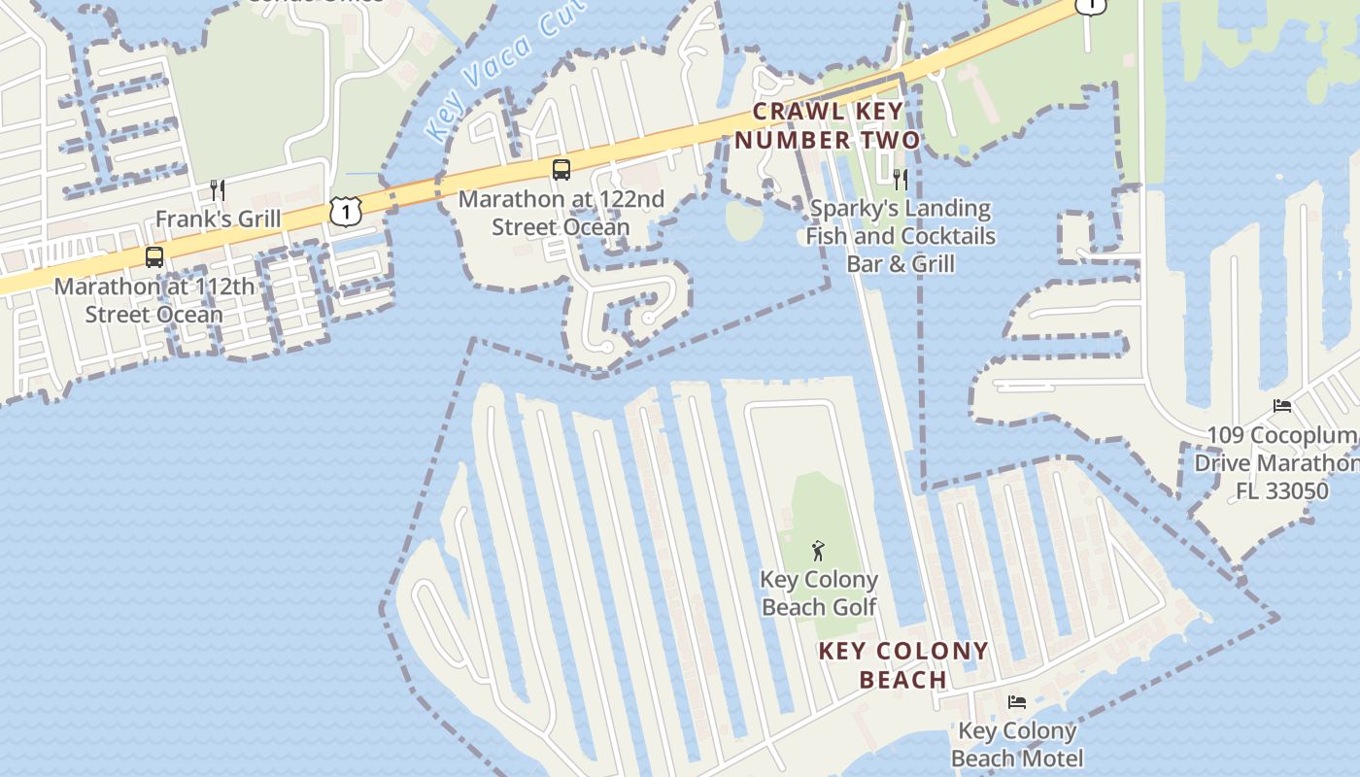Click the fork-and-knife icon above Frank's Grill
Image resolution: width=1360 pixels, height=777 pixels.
click(218, 189)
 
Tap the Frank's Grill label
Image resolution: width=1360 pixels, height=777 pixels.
click(218, 219)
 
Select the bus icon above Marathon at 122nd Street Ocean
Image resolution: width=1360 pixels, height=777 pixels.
click(561, 170)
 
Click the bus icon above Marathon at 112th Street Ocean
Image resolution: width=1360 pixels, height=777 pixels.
click(154, 257)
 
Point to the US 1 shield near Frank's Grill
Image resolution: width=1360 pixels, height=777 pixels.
click(345, 210)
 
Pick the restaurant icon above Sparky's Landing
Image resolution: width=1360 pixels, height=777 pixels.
click(901, 179)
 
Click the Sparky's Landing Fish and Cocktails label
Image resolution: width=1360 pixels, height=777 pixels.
click(901, 222)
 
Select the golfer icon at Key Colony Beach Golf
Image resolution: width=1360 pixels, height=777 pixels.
click(818, 551)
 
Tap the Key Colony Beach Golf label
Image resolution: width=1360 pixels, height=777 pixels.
click(819, 593)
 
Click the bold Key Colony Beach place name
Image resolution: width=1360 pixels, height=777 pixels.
click(903, 664)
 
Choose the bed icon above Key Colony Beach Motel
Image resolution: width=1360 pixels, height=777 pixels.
click(1017, 701)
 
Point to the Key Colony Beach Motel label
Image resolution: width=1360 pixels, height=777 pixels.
click(1017, 744)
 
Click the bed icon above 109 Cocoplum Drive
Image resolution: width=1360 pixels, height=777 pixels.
click(1282, 406)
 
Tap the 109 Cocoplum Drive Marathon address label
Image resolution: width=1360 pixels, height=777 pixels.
click(1276, 463)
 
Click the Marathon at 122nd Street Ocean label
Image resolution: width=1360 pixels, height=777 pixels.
click(561, 213)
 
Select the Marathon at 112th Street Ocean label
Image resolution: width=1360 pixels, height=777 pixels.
click(154, 300)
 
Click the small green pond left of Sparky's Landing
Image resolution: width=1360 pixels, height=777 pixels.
click(744, 220)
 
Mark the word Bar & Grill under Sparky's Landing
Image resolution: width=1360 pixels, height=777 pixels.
click(901, 263)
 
